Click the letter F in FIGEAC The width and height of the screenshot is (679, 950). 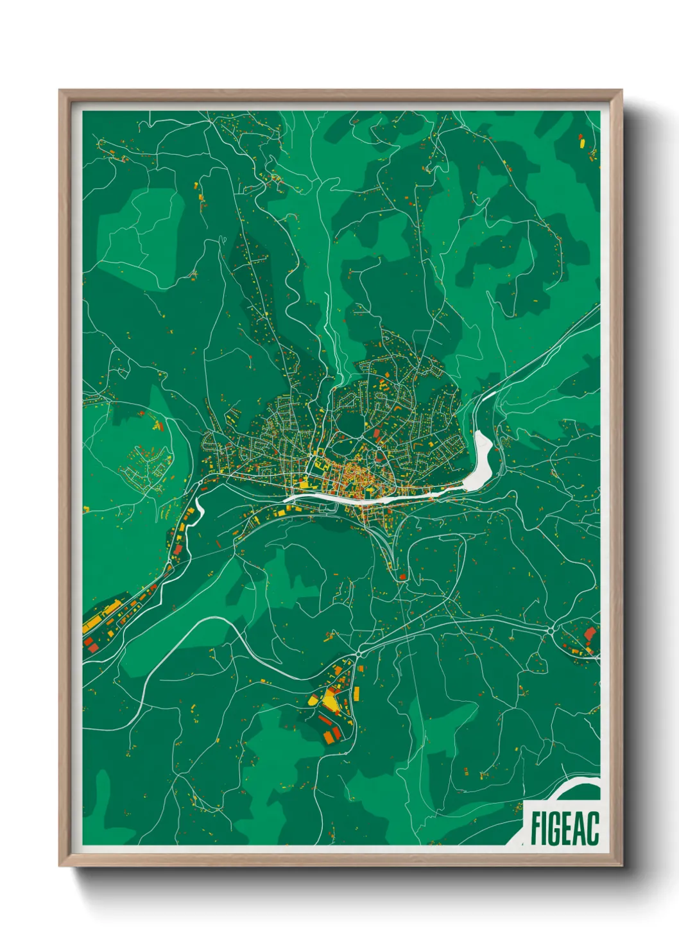tap(535, 828)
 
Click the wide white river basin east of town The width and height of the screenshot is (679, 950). tap(482, 460)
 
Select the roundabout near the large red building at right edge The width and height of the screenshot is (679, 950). tap(552, 632)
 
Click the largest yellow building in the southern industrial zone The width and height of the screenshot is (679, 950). tap(331, 700)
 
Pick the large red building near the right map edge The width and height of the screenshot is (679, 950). tap(589, 634)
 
